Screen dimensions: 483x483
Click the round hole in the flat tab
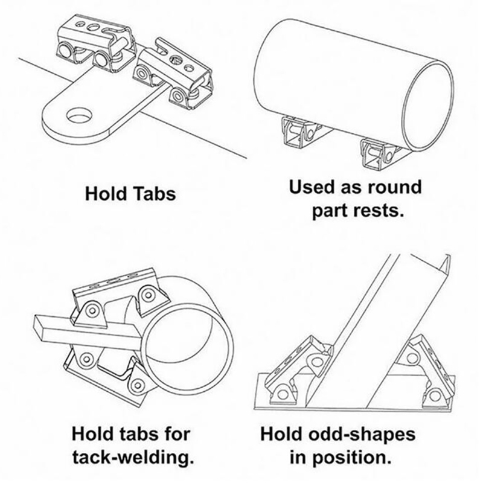click(79, 116)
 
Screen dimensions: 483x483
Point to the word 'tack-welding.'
click(133, 458)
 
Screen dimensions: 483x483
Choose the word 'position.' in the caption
click(352, 458)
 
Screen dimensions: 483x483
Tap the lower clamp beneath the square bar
click(108, 372)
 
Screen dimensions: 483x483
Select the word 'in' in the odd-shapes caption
click(298, 458)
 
